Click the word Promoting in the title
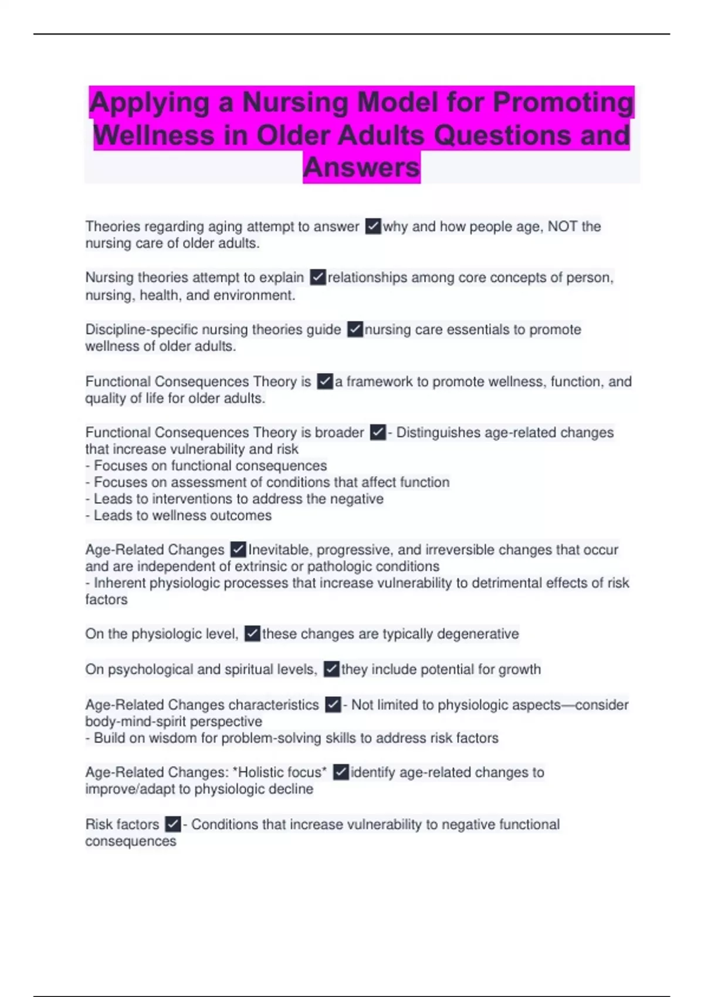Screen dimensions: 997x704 click(563, 102)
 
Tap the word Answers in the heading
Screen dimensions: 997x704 click(361, 167)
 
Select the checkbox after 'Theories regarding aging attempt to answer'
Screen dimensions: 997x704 click(373, 226)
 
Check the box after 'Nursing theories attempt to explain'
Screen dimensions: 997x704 click(318, 277)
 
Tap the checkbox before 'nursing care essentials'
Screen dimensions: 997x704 click(355, 329)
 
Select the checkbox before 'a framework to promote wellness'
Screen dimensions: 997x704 click(324, 381)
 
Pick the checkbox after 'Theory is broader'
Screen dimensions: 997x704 click(378, 432)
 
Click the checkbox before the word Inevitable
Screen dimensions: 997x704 click(238, 550)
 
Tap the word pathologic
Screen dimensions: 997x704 click(339, 567)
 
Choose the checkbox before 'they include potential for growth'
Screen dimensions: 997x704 click(331, 669)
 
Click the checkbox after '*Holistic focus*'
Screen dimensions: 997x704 click(340, 772)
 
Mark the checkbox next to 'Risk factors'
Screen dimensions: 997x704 click(172, 824)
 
